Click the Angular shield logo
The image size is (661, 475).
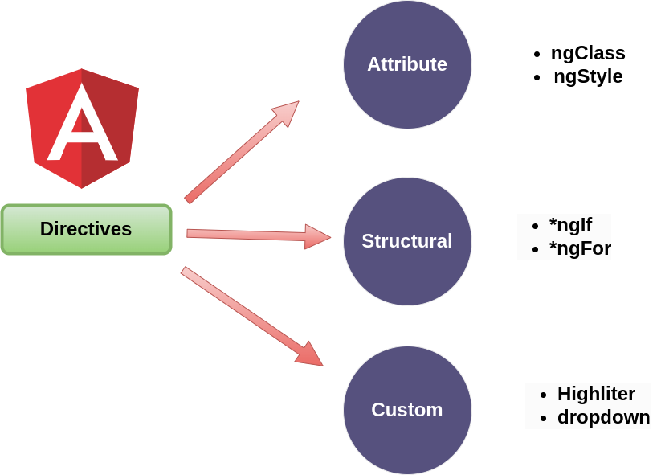82,129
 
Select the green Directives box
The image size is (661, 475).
86,229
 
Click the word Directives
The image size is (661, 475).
86,229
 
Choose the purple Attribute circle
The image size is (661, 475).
407,64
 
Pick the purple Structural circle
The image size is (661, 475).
407,241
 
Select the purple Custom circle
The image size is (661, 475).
407,410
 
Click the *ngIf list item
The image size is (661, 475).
569,225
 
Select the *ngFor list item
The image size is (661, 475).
578,249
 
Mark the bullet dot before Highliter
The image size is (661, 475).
543,395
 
